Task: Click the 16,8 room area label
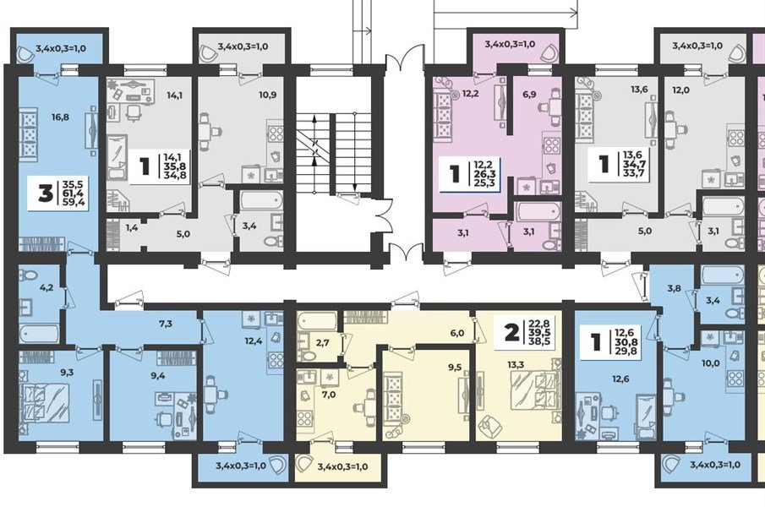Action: (60, 117)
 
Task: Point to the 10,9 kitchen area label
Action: (268, 95)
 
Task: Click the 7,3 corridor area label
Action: (166, 323)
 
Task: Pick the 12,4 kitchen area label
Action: (254, 341)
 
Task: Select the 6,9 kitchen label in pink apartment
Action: (529, 94)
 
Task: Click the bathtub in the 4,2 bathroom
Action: (40, 334)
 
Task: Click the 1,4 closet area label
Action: (132, 227)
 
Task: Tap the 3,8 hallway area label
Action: (674, 289)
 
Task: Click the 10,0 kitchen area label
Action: (711, 363)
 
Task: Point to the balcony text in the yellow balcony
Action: (342, 466)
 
